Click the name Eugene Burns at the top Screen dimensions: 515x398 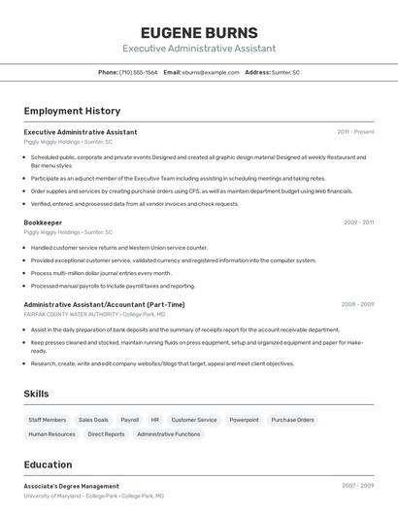tap(199, 32)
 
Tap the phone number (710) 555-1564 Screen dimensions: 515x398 tap(138, 72)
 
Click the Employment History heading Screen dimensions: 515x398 tap(72, 111)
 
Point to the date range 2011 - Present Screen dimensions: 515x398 tap(355, 131)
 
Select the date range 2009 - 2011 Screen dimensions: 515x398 tap(358, 223)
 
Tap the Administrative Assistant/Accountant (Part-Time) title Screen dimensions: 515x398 tap(104, 304)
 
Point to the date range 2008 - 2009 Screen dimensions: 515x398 tap(357, 304)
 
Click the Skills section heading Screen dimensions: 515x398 tap(37, 394)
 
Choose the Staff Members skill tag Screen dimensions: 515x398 tap(48, 420)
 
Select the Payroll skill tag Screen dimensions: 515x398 tap(129, 420)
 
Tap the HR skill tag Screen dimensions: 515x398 tap(155, 420)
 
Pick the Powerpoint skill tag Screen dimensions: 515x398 tap(244, 420)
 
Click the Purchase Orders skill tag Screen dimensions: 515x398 tap(292, 420)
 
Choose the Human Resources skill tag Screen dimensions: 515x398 tap(51, 434)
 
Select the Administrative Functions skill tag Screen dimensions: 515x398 tap(169, 434)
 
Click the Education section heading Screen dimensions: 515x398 tap(48, 464)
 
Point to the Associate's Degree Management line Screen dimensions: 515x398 tap(71, 486)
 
